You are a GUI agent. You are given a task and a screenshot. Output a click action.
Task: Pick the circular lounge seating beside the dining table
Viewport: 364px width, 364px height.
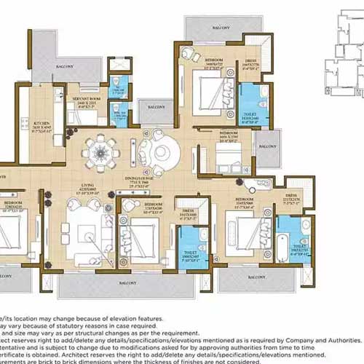(x=159, y=154)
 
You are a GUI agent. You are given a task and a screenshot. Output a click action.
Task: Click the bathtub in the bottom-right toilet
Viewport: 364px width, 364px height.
(x=280, y=256)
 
